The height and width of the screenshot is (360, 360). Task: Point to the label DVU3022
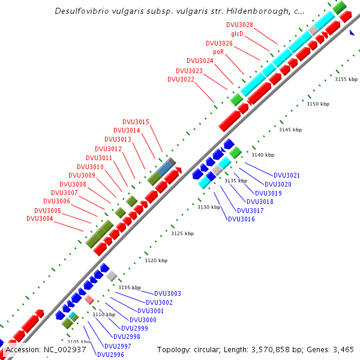click(181, 79)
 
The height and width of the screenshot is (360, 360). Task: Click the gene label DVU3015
click(136, 122)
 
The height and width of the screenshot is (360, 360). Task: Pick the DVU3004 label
click(40, 218)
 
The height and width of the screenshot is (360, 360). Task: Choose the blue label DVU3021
click(286, 175)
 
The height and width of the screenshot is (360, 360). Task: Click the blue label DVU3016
click(241, 219)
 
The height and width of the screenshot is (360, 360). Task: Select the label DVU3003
click(167, 293)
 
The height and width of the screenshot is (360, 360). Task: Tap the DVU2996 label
click(110, 355)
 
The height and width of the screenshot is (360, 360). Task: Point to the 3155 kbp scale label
click(346, 79)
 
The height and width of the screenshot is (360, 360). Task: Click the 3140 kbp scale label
click(262, 155)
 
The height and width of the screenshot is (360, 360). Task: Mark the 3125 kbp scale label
click(182, 233)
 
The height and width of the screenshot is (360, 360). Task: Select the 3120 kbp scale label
click(156, 260)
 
